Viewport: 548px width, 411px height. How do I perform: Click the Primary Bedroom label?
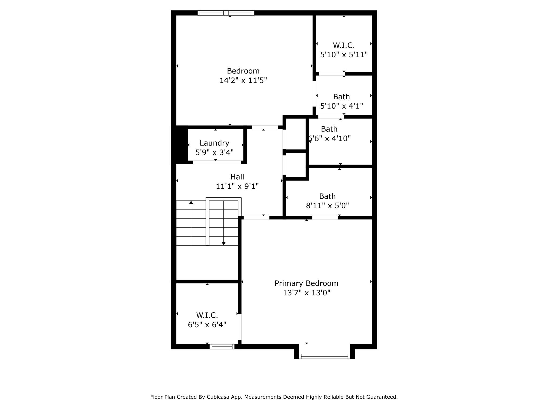306,283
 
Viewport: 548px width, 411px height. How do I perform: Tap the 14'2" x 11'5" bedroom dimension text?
243,80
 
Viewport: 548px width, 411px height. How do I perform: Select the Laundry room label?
214,143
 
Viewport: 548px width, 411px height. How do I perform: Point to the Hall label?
237,177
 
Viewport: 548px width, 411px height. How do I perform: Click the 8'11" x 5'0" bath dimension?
327,205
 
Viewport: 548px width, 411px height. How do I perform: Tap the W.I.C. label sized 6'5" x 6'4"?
207,315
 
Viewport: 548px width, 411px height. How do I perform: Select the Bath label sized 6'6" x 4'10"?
329,129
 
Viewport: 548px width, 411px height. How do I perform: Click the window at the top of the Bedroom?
226,13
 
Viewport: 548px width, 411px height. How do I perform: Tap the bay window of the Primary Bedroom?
324,356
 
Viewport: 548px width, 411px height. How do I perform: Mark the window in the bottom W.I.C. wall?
222,347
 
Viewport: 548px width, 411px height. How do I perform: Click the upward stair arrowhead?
191,203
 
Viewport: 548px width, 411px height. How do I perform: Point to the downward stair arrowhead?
223,243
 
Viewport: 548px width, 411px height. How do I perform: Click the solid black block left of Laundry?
180,145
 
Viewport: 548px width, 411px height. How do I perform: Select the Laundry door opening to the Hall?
217,162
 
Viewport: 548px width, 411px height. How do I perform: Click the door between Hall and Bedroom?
265,127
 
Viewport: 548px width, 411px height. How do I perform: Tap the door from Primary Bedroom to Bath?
325,218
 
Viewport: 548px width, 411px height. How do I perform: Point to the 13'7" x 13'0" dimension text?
306,293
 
